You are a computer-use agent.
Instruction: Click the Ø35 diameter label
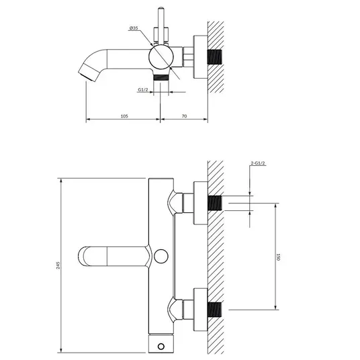coord(134,28)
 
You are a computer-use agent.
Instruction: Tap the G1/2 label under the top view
coord(143,90)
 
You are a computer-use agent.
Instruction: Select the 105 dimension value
coord(124,116)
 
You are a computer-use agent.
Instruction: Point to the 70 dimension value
coord(184,116)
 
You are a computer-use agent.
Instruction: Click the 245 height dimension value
coord(58,265)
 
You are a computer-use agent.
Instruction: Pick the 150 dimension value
coord(278,257)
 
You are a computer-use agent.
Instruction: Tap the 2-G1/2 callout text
coord(258,163)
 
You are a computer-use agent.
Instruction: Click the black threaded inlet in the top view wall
coord(215,57)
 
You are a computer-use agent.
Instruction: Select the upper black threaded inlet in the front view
coord(215,203)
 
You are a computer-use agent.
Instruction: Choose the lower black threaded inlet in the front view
coord(215,310)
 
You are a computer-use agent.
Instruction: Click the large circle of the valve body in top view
coord(161,57)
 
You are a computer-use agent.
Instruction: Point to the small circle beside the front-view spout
coord(161,256)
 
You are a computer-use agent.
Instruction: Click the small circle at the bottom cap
coord(161,346)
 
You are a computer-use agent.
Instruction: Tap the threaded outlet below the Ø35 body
coord(161,77)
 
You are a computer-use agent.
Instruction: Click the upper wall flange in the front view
coord(201,203)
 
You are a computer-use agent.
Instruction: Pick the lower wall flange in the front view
coord(201,310)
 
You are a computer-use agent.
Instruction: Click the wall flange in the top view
coord(201,57)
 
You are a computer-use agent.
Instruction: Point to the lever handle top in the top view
coord(161,9)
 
